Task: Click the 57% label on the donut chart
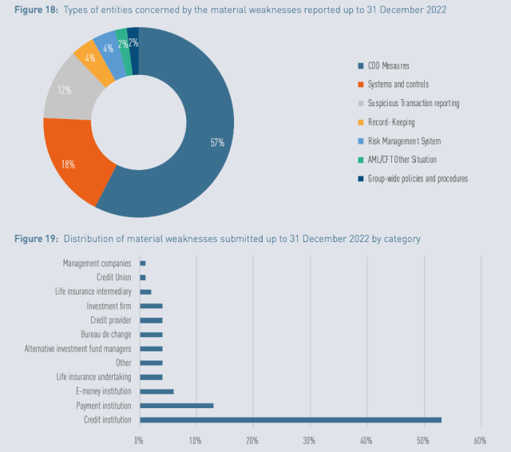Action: pos(217,143)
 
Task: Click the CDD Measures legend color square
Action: pos(359,65)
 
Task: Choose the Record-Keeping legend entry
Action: pos(391,122)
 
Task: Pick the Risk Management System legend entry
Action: pos(404,141)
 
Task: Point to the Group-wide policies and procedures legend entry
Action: pos(417,178)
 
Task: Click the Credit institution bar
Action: pos(290,419)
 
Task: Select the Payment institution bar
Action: pos(176,405)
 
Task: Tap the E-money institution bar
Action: pos(156,391)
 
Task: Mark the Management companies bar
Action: pos(142,263)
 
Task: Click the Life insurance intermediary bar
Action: pos(145,291)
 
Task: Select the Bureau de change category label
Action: pos(105,334)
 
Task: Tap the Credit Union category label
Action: pos(113,277)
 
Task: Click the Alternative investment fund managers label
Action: pos(77,348)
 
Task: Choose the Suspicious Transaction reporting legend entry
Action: pos(413,103)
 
